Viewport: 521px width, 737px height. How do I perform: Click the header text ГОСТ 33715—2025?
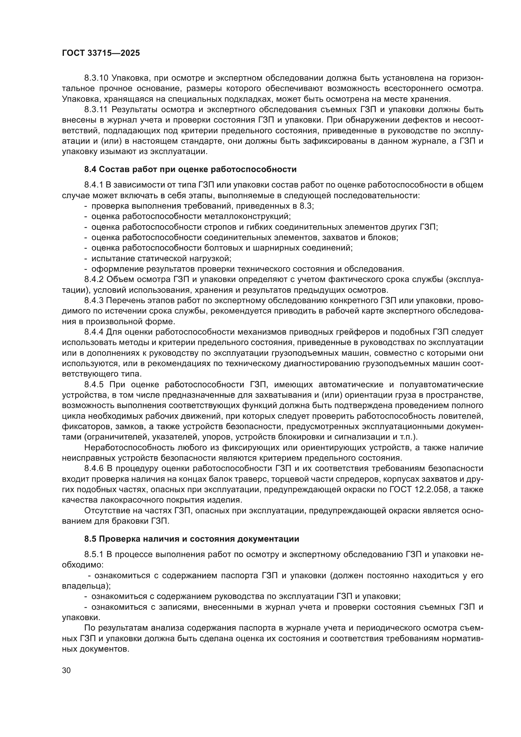[x=101, y=53]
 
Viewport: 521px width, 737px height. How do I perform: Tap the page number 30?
[x=66, y=670]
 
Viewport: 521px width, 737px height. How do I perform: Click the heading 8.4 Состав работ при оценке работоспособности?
[x=190, y=169]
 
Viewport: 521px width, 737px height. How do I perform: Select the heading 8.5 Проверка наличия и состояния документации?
[x=192, y=539]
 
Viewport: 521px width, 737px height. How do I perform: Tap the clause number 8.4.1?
[x=94, y=185]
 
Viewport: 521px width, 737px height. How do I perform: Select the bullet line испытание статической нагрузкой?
[x=161, y=258]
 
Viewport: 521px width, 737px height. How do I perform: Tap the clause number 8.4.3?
[x=94, y=301]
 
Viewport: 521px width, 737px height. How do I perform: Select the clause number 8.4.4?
[x=94, y=331]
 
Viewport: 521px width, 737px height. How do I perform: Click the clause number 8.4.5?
[x=94, y=384]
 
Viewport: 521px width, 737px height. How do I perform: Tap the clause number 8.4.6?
[x=94, y=469]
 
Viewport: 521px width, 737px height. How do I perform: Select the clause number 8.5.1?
[x=94, y=555]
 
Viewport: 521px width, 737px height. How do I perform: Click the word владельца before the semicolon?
[x=85, y=586]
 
